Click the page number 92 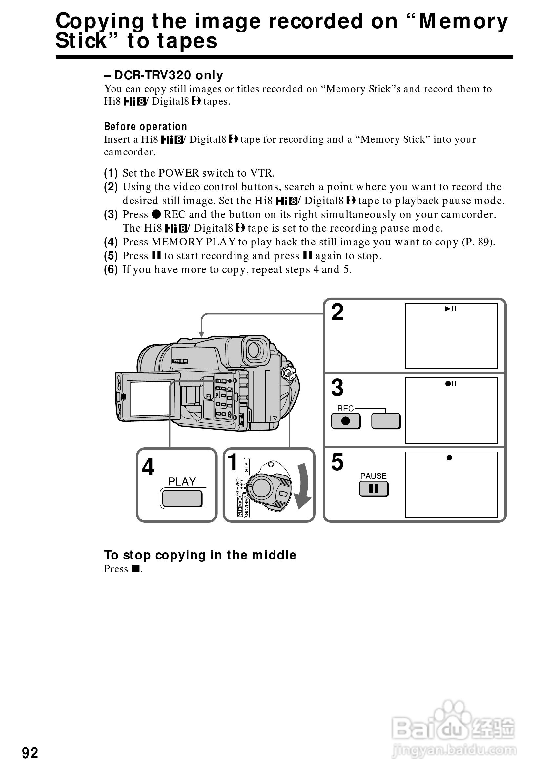(30, 753)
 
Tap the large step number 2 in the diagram (337, 312)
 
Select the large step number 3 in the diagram (337, 388)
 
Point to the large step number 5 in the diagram (337, 462)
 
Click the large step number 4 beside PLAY (148, 467)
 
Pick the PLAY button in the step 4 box (182, 499)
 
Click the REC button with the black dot (345, 421)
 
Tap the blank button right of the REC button (386, 421)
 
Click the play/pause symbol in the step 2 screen (450, 309)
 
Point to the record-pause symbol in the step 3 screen (450, 384)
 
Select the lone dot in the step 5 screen (449, 458)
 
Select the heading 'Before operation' (146, 127)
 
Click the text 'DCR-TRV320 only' (169, 75)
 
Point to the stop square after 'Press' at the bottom (136, 568)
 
